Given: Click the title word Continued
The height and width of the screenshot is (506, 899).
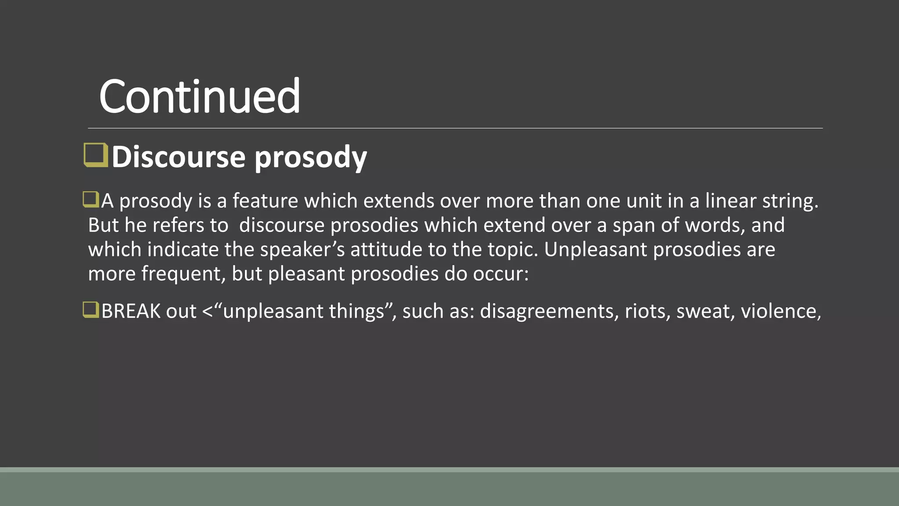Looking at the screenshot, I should [x=200, y=96].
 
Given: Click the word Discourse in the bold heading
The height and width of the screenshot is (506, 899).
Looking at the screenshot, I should [x=178, y=157].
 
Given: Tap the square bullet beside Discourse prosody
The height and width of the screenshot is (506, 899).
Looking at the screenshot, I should [x=96, y=155].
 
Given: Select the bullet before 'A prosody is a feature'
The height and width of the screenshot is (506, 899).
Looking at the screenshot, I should [x=91, y=199].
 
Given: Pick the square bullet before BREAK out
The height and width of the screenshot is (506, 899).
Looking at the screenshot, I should [x=91, y=310].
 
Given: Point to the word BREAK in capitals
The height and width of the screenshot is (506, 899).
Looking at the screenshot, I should [x=131, y=311].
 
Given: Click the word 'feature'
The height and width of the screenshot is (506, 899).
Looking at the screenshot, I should [x=265, y=201].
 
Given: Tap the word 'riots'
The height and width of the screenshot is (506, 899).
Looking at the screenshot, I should [x=647, y=311].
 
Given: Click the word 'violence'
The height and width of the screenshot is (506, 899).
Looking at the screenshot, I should [x=779, y=311].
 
